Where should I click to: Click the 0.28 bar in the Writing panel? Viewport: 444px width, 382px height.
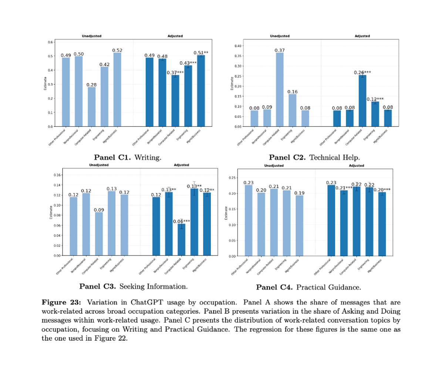click(x=91, y=107)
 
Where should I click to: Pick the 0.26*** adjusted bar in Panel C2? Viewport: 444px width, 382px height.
click(x=362, y=101)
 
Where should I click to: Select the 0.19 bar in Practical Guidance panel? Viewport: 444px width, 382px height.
click(x=299, y=226)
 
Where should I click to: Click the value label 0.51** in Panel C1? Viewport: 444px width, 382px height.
click(x=201, y=53)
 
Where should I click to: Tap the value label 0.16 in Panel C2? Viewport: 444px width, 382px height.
click(x=292, y=92)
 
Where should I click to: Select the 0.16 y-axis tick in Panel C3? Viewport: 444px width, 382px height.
click(x=58, y=175)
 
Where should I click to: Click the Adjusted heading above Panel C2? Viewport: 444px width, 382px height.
click(x=362, y=36)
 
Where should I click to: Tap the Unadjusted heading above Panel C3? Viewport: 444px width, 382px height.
click(x=99, y=165)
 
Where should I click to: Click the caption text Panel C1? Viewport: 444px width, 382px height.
click(x=112, y=158)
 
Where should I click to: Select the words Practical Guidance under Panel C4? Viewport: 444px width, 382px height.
click(x=329, y=287)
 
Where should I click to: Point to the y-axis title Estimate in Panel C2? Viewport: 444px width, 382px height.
click(x=232, y=83)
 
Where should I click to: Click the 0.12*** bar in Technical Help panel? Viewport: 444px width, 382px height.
click(x=375, y=114)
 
